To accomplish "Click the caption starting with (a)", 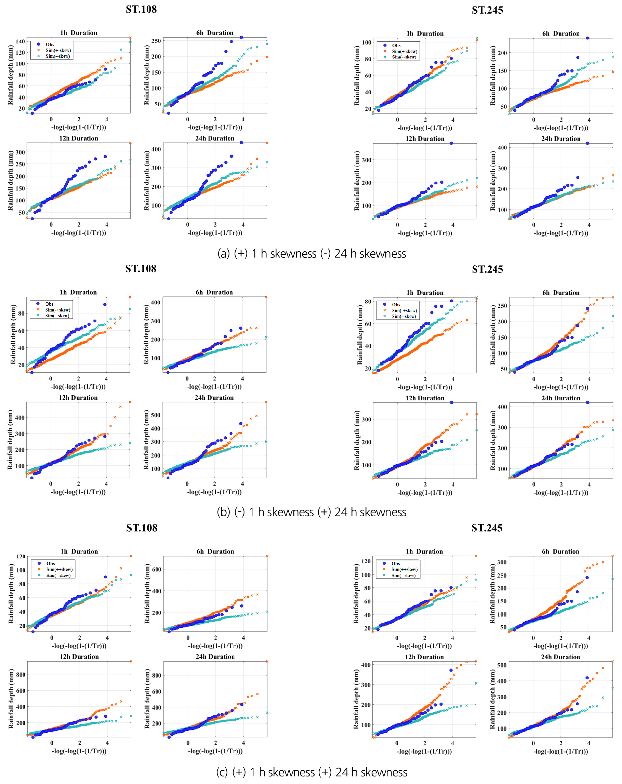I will (312, 253).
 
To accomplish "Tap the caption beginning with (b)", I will (312, 512).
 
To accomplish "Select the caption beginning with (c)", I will (312, 772).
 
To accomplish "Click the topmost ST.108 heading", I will (141, 10).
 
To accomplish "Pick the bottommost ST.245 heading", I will (487, 528).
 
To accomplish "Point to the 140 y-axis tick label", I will (21, 41).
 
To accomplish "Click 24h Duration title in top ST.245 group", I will (560, 139).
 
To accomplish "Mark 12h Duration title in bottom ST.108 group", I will (79, 657).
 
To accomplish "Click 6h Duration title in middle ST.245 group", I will (560, 293).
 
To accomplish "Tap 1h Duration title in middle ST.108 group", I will (78, 292).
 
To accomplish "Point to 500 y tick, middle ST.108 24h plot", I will (156, 415).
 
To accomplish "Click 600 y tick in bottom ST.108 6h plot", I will (156, 570).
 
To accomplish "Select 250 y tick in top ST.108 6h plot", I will (156, 41).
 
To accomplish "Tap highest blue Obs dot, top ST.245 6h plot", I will (587, 38).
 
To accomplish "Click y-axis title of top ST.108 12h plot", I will (11, 181).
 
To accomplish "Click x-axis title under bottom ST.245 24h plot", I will (560, 751).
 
